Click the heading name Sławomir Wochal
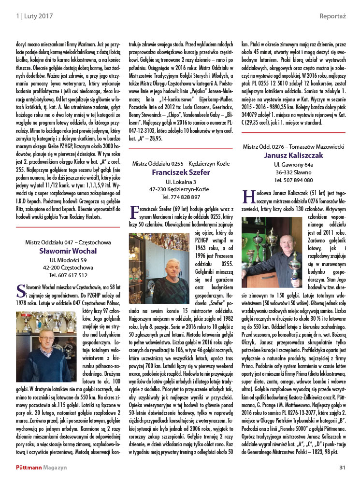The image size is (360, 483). click(68, 251)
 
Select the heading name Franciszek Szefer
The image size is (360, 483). click(181, 172)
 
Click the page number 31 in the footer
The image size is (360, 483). click(343, 467)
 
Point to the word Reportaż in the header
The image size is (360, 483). click(332, 16)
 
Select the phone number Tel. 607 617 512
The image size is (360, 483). click(68, 275)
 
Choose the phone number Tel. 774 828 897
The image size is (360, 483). click(181, 197)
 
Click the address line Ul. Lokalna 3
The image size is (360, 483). click(181, 181)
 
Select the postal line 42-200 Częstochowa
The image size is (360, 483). click(68, 267)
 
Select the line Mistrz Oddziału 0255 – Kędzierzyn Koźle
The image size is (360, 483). click(181, 163)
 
